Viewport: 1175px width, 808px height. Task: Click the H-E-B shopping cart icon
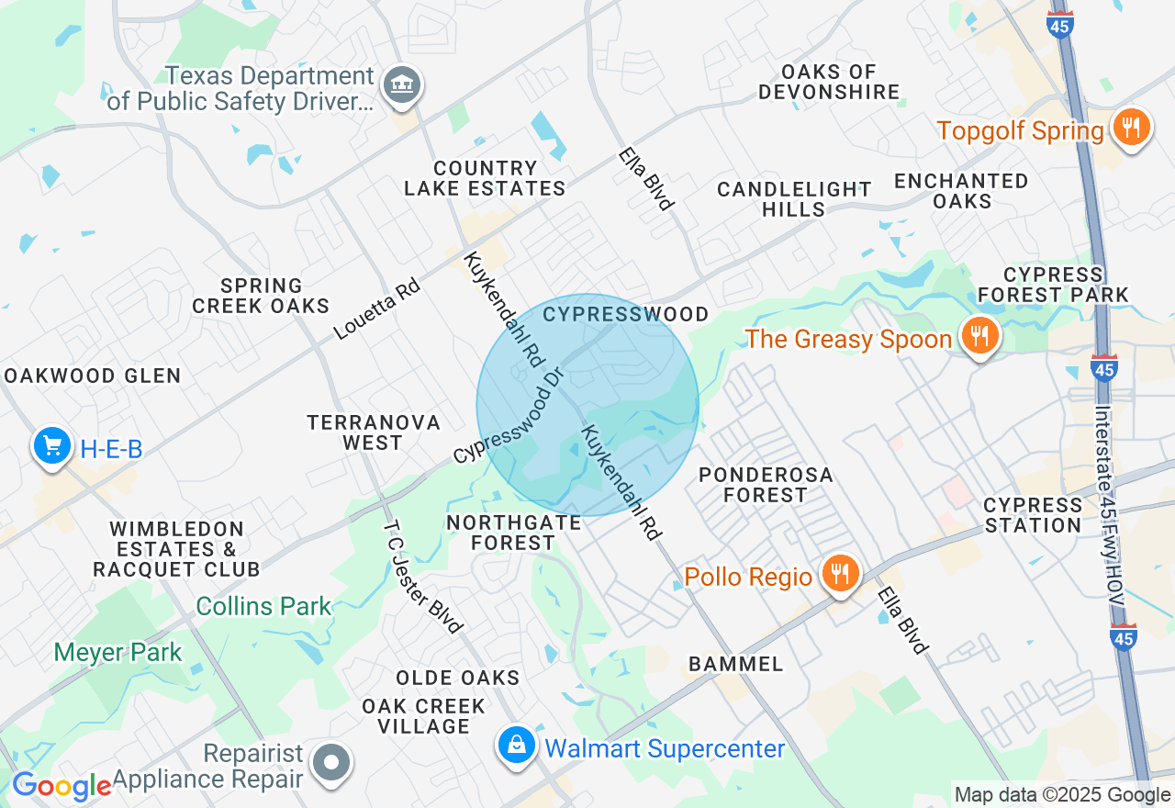pos(52,446)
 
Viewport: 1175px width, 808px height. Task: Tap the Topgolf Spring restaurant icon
pos(1132,129)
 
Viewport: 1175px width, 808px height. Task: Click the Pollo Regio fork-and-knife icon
pos(839,574)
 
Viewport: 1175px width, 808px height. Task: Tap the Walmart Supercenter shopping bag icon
pos(518,746)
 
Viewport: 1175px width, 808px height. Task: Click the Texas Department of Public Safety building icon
pos(401,85)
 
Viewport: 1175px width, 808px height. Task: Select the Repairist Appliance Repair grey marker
pos(332,762)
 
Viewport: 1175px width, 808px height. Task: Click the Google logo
pos(62,786)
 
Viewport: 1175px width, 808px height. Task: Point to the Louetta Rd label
pos(376,309)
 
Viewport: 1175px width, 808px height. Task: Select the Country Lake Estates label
pos(485,179)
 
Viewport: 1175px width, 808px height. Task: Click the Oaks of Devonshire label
pos(829,82)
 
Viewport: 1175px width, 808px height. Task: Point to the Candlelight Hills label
pos(794,199)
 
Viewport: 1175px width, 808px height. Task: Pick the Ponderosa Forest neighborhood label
pos(765,485)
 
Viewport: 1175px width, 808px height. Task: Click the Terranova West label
pos(373,432)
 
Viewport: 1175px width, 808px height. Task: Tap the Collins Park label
pos(263,607)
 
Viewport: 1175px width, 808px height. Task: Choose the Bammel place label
pos(735,664)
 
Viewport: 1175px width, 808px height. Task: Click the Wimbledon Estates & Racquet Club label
pos(176,549)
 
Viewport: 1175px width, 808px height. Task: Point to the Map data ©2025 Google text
pos(1062,795)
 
